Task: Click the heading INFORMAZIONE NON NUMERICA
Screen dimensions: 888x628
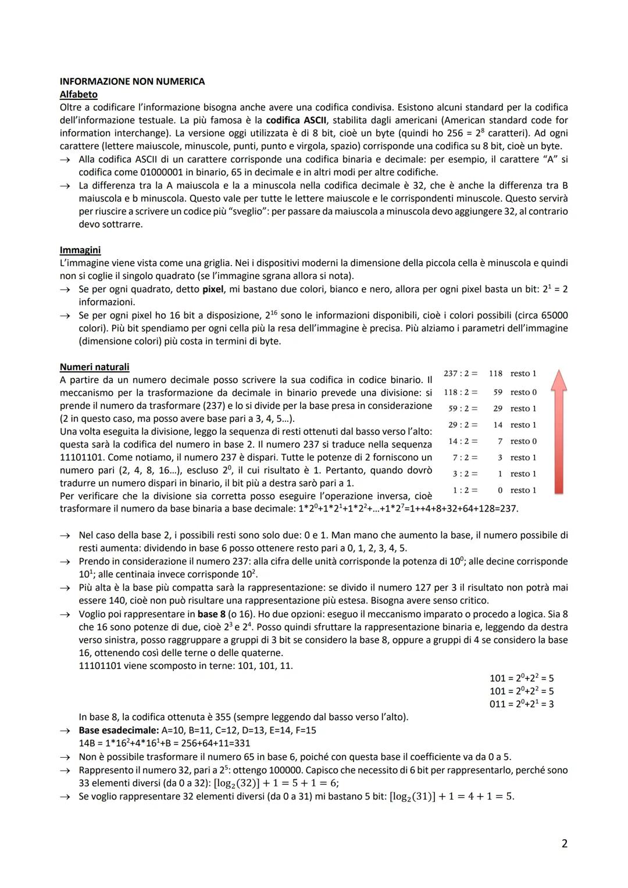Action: [132, 81]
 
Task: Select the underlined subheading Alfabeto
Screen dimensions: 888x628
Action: [78, 94]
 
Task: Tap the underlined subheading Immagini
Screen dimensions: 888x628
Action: [80, 250]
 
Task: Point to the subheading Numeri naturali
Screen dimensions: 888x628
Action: [94, 367]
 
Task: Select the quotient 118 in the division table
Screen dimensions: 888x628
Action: [495, 374]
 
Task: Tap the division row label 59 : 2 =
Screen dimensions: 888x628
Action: [462, 409]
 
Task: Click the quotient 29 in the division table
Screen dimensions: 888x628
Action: [498, 409]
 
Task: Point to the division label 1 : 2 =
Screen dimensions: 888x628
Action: [465, 490]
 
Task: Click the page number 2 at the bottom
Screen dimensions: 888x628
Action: [564, 843]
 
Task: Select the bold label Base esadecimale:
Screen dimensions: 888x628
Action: [119, 730]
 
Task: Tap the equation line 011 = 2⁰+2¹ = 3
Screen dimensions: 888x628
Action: [522, 704]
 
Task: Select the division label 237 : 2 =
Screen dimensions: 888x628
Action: [460, 374]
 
